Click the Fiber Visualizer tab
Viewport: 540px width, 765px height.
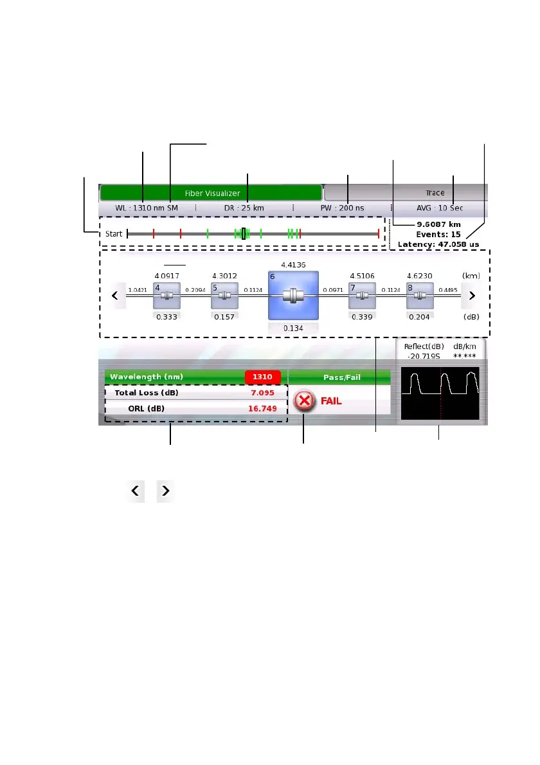[x=212, y=193]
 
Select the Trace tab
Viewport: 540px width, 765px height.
[x=435, y=193]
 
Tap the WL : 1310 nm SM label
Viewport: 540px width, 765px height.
[x=147, y=208]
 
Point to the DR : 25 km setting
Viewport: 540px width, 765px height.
[x=244, y=208]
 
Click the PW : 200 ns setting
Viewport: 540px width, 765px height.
[x=343, y=208]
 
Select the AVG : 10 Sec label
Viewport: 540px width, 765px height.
[x=439, y=208]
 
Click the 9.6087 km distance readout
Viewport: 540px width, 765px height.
[x=438, y=224]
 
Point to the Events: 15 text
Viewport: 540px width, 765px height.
[x=438, y=234]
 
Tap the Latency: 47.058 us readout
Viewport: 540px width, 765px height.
[x=438, y=244]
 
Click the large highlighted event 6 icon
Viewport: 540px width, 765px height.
[x=293, y=295]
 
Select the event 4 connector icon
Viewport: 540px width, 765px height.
[x=166, y=296]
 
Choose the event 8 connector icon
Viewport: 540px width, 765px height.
[x=419, y=296]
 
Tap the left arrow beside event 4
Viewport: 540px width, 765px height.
[x=115, y=296]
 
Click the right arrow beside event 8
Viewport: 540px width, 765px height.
[x=472, y=296]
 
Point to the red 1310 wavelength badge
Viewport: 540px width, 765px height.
[x=262, y=377]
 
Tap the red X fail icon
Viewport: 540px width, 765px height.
[x=305, y=401]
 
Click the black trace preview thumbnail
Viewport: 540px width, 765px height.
[x=440, y=393]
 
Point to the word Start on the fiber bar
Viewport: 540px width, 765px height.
[x=114, y=234]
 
